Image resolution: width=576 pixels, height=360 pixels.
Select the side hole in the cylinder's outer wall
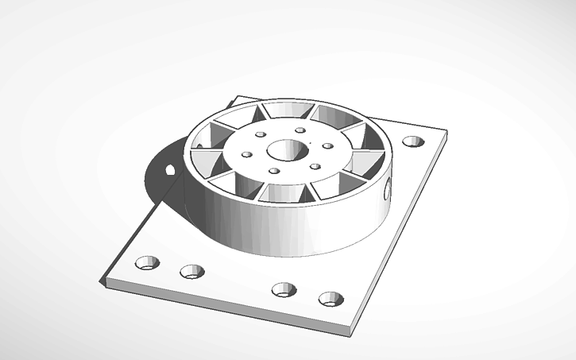point(388,189)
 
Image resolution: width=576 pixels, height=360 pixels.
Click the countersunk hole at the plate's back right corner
point(413,141)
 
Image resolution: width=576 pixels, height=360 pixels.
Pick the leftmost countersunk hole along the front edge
point(147,262)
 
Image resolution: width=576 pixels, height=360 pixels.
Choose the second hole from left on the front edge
point(191,272)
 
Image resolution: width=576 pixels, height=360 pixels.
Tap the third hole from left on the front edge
point(284,289)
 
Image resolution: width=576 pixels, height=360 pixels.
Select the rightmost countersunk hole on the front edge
point(331,299)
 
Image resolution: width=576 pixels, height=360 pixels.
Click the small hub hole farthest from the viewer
point(300,131)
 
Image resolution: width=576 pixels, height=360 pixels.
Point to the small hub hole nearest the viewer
point(274,171)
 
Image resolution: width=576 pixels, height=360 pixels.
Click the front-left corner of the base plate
point(101,281)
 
